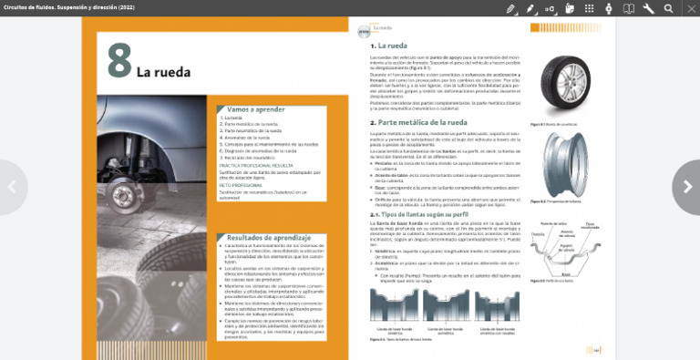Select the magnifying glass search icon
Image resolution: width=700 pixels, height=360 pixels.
pyautogui.click(x=668, y=8)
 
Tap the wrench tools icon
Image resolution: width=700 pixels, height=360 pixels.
pyautogui.click(x=648, y=8)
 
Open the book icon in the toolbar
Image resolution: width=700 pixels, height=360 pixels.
pyautogui.click(x=628, y=8)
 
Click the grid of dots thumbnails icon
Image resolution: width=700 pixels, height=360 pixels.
pyautogui.click(x=589, y=8)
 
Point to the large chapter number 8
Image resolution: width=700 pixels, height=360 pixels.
pyautogui.click(x=119, y=62)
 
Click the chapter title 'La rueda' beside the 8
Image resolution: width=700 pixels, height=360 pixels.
pyautogui.click(x=163, y=71)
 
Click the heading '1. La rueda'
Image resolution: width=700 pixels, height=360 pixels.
pyautogui.click(x=389, y=45)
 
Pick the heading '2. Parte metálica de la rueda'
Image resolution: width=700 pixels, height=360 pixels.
pyautogui.click(x=418, y=121)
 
